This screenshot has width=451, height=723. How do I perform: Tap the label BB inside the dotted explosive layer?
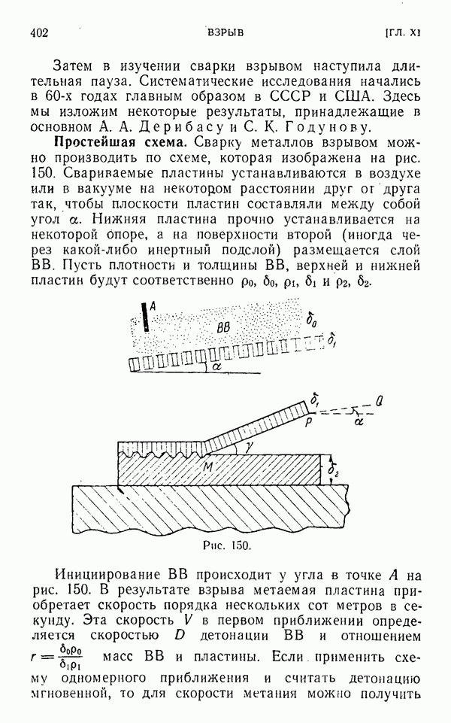[223, 329]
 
